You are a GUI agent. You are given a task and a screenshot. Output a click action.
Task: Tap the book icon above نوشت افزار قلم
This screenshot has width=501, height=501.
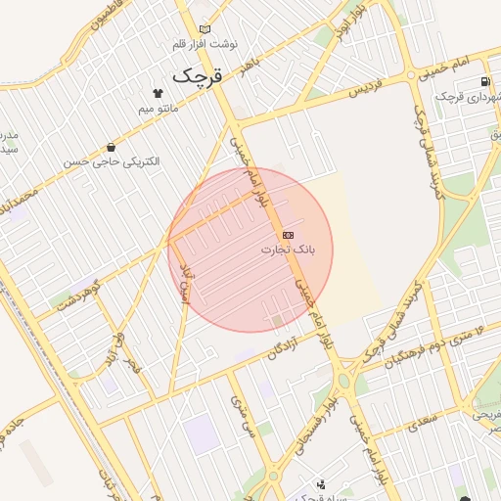click(x=204, y=29)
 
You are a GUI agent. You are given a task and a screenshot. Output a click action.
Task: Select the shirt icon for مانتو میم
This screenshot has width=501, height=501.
click(x=145, y=94)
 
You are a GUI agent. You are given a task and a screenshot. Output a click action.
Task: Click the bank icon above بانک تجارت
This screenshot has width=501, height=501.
click(x=288, y=236)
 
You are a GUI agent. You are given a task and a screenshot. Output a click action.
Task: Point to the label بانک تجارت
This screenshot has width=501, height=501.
click(x=287, y=250)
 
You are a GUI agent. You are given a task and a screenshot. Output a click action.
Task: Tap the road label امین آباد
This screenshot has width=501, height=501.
click(x=186, y=282)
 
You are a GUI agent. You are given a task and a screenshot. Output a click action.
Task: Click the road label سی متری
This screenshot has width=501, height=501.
click(x=241, y=416)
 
